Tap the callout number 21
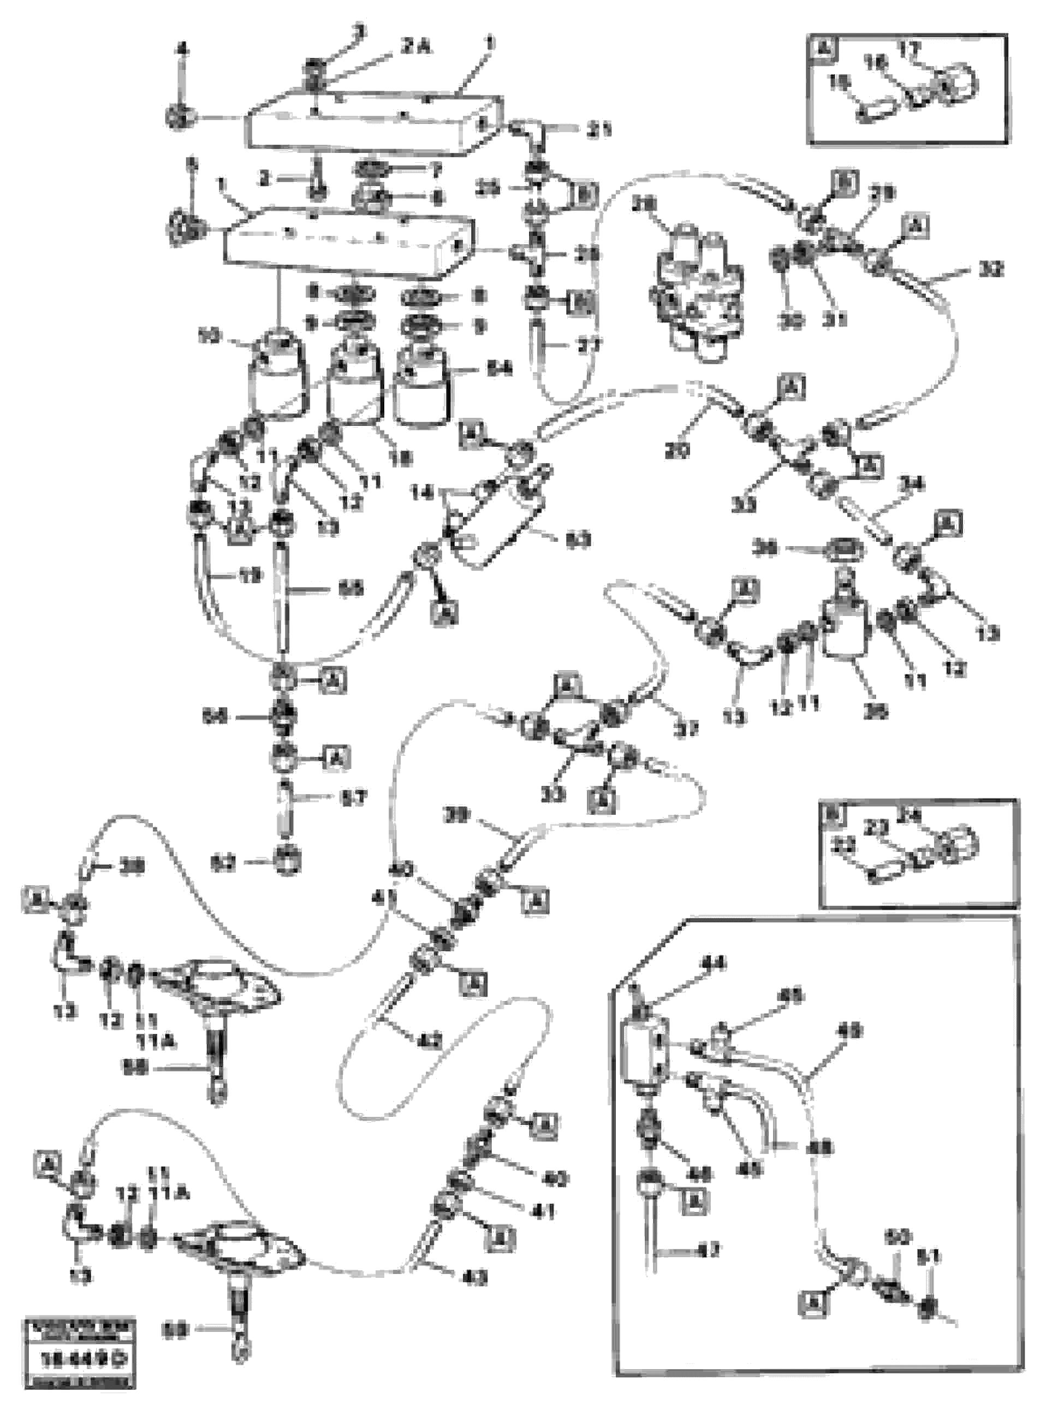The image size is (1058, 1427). tap(599, 131)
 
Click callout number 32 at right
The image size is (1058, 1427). tap(991, 269)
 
